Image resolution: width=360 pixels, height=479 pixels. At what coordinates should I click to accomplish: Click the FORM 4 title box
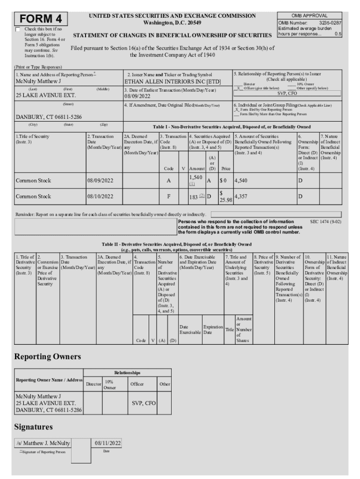click(x=41, y=19)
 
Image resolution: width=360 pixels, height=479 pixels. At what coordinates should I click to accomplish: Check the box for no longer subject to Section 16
click(x=18, y=29)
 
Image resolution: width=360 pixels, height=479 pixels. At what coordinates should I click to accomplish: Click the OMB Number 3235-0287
click(x=310, y=22)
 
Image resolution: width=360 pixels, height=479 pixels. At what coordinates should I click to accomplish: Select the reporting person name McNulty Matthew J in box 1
click(x=38, y=81)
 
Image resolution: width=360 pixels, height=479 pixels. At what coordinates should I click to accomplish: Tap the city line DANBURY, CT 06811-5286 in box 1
click(x=49, y=117)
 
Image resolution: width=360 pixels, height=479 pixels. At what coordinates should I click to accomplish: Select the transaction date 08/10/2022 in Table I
click(x=101, y=196)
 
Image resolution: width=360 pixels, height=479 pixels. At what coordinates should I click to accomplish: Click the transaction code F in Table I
click(x=168, y=196)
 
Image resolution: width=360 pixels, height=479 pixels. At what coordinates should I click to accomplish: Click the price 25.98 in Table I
click(x=225, y=200)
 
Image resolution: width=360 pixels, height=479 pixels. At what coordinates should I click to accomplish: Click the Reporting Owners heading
click(x=48, y=356)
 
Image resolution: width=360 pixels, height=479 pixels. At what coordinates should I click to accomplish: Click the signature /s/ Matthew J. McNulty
click(x=43, y=443)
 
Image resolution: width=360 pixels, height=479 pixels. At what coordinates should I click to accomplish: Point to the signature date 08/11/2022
click(x=108, y=443)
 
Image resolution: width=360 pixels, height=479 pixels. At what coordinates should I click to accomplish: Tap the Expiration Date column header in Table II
click(x=213, y=330)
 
